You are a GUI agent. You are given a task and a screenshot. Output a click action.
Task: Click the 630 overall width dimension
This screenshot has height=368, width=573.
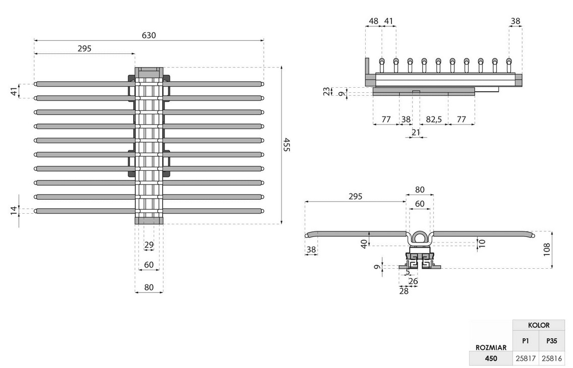click(x=149, y=35)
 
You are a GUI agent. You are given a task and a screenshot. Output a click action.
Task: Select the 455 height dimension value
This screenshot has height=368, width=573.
click(x=286, y=145)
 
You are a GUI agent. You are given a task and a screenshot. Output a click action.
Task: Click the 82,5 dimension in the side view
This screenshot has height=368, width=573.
click(x=434, y=119)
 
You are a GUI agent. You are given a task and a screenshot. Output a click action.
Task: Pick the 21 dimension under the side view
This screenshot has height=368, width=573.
click(x=416, y=132)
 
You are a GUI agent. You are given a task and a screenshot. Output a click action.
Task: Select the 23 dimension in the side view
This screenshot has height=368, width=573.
click(x=327, y=91)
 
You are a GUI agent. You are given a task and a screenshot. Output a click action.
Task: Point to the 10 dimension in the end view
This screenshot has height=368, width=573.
click(x=482, y=242)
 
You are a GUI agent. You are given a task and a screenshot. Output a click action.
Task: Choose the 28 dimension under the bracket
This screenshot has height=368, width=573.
click(x=404, y=290)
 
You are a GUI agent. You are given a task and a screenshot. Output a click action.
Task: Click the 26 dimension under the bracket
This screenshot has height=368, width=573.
click(x=413, y=281)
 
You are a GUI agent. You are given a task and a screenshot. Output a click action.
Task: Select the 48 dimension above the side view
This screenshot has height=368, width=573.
click(x=373, y=21)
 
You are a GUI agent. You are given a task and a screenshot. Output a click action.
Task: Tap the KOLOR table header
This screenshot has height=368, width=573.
click(x=539, y=325)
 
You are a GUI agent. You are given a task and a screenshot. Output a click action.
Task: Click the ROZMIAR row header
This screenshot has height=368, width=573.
click(x=490, y=347)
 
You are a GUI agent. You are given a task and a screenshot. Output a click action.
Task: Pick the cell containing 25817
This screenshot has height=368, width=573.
click(x=526, y=358)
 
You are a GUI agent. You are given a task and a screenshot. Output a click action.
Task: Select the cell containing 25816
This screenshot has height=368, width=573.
click(x=552, y=358)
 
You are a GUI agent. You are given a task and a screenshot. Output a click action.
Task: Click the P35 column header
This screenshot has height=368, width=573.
click(x=552, y=341)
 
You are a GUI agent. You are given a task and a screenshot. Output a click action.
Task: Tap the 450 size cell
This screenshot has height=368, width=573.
click(x=490, y=358)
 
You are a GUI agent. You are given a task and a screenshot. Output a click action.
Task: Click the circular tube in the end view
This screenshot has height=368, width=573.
click(x=419, y=237)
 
